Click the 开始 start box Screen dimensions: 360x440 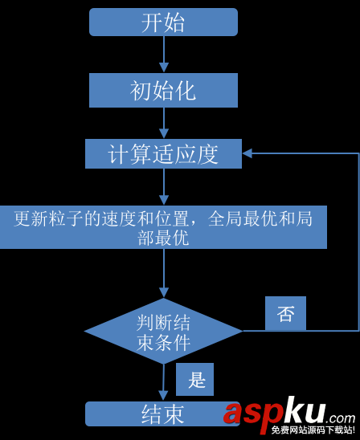pos(163,22)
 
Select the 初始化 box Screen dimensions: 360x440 pos(163,91)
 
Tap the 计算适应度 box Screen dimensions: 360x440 pos(163,154)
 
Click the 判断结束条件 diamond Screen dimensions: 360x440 pos(163,331)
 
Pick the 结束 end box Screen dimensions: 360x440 pos(163,414)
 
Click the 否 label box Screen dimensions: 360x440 pos(285,313)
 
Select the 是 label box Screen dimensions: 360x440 pos(195,380)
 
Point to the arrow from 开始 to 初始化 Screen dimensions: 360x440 pos(164,55)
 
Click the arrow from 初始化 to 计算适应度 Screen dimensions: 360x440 pos(164,123)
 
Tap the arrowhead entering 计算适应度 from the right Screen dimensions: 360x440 pos(247,153)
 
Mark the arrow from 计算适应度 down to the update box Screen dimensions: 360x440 pos(164,187)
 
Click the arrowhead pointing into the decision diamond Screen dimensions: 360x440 pos(164,293)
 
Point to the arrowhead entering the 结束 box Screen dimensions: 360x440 pos(163,396)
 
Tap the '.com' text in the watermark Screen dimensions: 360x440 pos(340,418)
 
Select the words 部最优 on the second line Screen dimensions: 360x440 pos(163,238)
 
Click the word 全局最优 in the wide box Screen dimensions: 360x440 pos(243,219)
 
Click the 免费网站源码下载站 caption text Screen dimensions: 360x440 pos(312,430)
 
